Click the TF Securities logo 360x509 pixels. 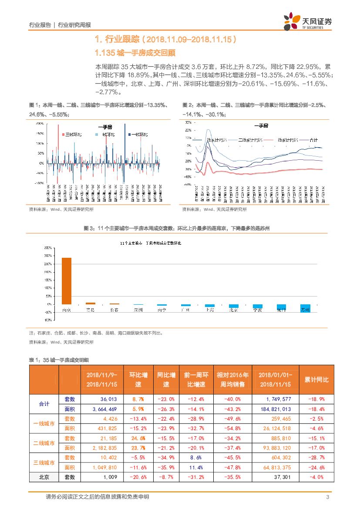click(x=307, y=21)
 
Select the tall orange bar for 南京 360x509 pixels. click(x=67, y=281)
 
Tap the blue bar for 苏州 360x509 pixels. click(x=305, y=307)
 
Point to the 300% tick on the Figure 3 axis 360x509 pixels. click(x=48, y=248)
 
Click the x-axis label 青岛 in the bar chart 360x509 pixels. click(x=91, y=310)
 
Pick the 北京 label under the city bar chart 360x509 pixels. click(x=233, y=310)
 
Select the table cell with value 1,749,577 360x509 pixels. click(x=275, y=399)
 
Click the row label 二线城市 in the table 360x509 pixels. click(x=44, y=443)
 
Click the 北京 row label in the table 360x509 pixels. click(x=44, y=477)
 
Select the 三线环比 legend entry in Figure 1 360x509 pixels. click(x=73, y=135)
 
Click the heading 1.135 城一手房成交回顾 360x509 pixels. click(x=135, y=53)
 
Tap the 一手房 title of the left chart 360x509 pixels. click(x=105, y=127)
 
